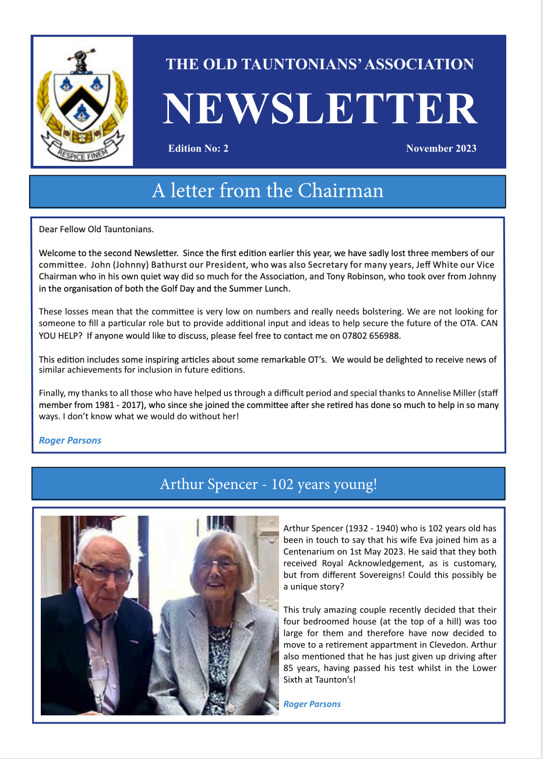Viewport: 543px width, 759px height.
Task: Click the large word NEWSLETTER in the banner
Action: [x=320, y=109]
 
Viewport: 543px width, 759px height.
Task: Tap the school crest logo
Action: [x=82, y=102]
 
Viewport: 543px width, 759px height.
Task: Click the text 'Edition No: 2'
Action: [x=198, y=148]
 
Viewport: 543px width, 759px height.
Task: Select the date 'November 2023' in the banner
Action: [x=441, y=148]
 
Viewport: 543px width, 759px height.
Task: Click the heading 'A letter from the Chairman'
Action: [x=267, y=191]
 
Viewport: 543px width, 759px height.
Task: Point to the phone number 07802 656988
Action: [x=371, y=336]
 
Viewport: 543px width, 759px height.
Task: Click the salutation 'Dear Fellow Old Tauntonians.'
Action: [x=96, y=229]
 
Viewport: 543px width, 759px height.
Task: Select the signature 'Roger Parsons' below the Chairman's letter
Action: [x=70, y=441]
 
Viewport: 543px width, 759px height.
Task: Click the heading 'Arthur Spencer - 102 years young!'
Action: [x=268, y=484]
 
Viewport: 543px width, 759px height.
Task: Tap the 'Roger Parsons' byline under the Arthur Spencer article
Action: [x=312, y=704]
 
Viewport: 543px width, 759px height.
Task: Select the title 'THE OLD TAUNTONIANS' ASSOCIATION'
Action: [x=320, y=65]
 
